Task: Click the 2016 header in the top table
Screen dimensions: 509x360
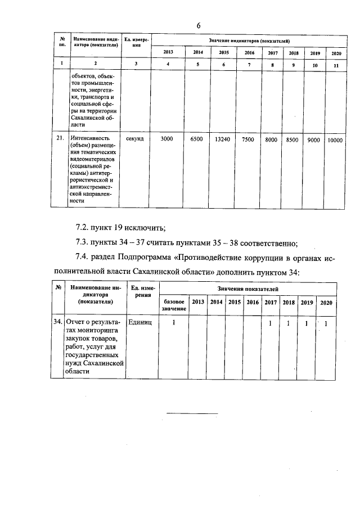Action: point(249,53)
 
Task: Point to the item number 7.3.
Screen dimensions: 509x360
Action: point(83,243)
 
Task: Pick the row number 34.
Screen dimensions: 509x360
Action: point(57,323)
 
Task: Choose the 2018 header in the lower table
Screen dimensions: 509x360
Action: point(289,302)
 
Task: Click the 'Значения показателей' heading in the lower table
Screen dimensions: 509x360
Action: point(250,288)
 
